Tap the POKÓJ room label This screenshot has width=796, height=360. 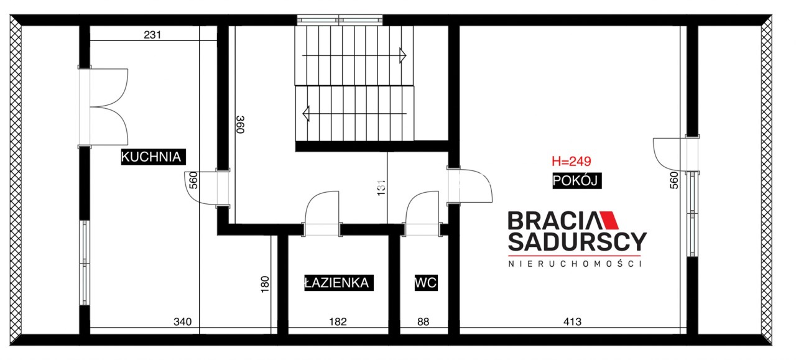(x=576, y=180)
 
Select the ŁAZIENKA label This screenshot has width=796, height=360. (x=339, y=283)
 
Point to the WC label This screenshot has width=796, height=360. (x=426, y=283)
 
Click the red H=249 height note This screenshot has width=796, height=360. (x=571, y=161)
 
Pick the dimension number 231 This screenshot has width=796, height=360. (x=152, y=35)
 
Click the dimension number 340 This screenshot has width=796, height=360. (x=182, y=321)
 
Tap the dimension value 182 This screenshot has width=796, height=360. (x=338, y=321)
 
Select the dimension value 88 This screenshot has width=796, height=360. (x=423, y=321)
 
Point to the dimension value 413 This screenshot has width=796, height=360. (x=572, y=321)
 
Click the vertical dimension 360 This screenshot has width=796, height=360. (x=241, y=124)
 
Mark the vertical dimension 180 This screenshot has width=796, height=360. (x=265, y=284)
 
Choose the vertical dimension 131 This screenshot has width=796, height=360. (x=381, y=188)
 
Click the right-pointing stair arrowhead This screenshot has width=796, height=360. (x=402, y=55)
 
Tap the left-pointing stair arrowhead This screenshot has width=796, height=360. (x=306, y=114)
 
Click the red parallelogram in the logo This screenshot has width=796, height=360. (x=609, y=220)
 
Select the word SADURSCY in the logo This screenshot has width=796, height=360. (x=577, y=242)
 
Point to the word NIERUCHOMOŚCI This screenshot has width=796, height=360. (x=575, y=264)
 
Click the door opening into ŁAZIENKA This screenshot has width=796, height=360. (x=322, y=213)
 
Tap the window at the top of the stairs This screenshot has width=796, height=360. (x=340, y=20)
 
